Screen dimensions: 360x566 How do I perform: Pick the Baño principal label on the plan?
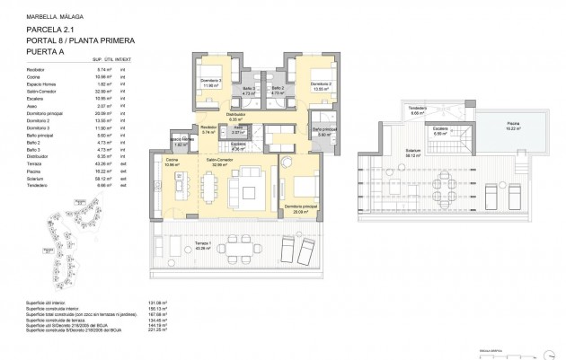325,132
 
